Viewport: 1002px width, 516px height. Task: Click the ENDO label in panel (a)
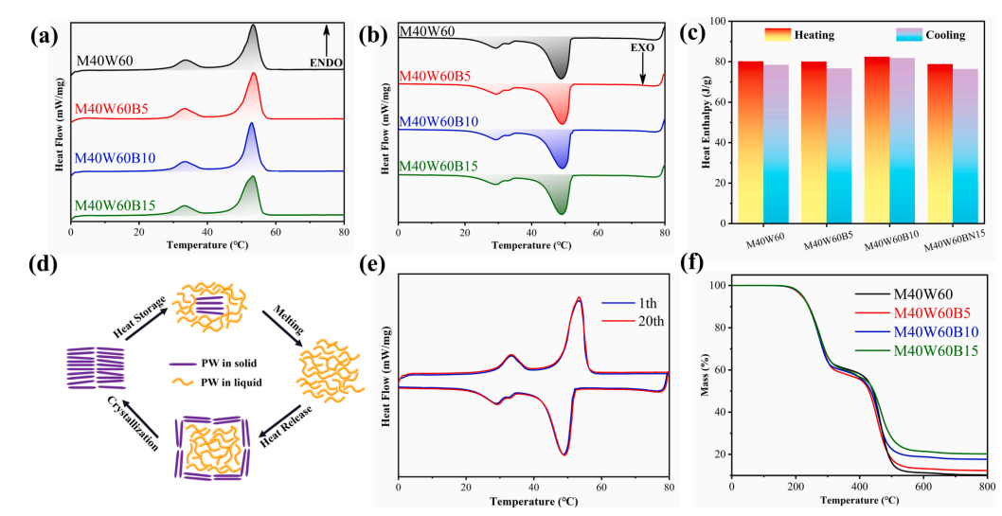[326, 63]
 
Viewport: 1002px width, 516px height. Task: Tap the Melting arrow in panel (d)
[282, 317]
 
